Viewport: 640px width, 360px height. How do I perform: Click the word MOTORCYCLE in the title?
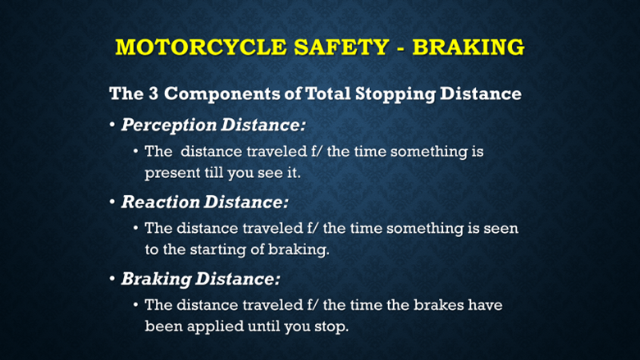201,47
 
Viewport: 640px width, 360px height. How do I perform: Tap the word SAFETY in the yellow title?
341,47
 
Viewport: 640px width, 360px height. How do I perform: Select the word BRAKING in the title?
469,47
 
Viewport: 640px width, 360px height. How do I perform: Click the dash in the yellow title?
400,48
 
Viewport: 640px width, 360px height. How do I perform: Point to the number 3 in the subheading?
153,93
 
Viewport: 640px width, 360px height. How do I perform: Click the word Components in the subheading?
222,94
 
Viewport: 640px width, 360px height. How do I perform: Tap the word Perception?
169,125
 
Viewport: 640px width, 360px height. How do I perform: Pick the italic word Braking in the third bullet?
157,280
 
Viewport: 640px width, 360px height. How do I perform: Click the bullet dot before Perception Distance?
112,125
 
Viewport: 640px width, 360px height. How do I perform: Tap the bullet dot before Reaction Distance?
112,202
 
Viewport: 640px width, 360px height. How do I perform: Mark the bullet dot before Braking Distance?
112,279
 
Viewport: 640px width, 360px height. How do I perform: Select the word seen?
501,229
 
